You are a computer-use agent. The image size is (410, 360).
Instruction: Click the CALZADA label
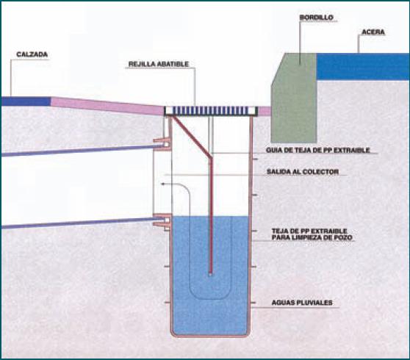[32, 54]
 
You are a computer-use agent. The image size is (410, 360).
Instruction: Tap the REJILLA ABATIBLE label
[159, 64]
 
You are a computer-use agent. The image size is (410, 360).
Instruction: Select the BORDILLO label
[317, 18]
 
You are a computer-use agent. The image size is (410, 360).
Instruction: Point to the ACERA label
[373, 32]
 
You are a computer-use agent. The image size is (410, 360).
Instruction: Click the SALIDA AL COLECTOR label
[303, 172]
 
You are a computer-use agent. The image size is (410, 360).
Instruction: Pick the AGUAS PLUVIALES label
[302, 303]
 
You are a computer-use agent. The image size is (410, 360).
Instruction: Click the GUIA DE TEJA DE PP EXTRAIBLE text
[318, 151]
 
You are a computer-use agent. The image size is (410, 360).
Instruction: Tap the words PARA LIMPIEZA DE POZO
[312, 237]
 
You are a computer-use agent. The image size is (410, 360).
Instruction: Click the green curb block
[294, 98]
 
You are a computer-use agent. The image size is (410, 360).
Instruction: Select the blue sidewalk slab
[363, 67]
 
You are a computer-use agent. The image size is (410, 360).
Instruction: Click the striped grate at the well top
[211, 111]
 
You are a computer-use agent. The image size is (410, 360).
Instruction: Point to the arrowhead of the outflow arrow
[162, 184]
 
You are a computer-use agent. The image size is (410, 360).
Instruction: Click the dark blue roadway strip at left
[26, 101]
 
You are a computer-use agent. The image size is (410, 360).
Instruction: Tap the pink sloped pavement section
[107, 106]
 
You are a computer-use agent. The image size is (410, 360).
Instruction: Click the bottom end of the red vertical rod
[210, 275]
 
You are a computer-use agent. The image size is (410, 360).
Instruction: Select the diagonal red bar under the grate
[191, 137]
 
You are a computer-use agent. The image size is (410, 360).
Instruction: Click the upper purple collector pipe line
[79, 151]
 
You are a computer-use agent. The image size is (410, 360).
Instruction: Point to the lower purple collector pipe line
[79, 223]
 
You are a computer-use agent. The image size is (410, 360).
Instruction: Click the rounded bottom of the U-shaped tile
[210, 298]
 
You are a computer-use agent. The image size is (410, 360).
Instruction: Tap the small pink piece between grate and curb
[265, 111]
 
